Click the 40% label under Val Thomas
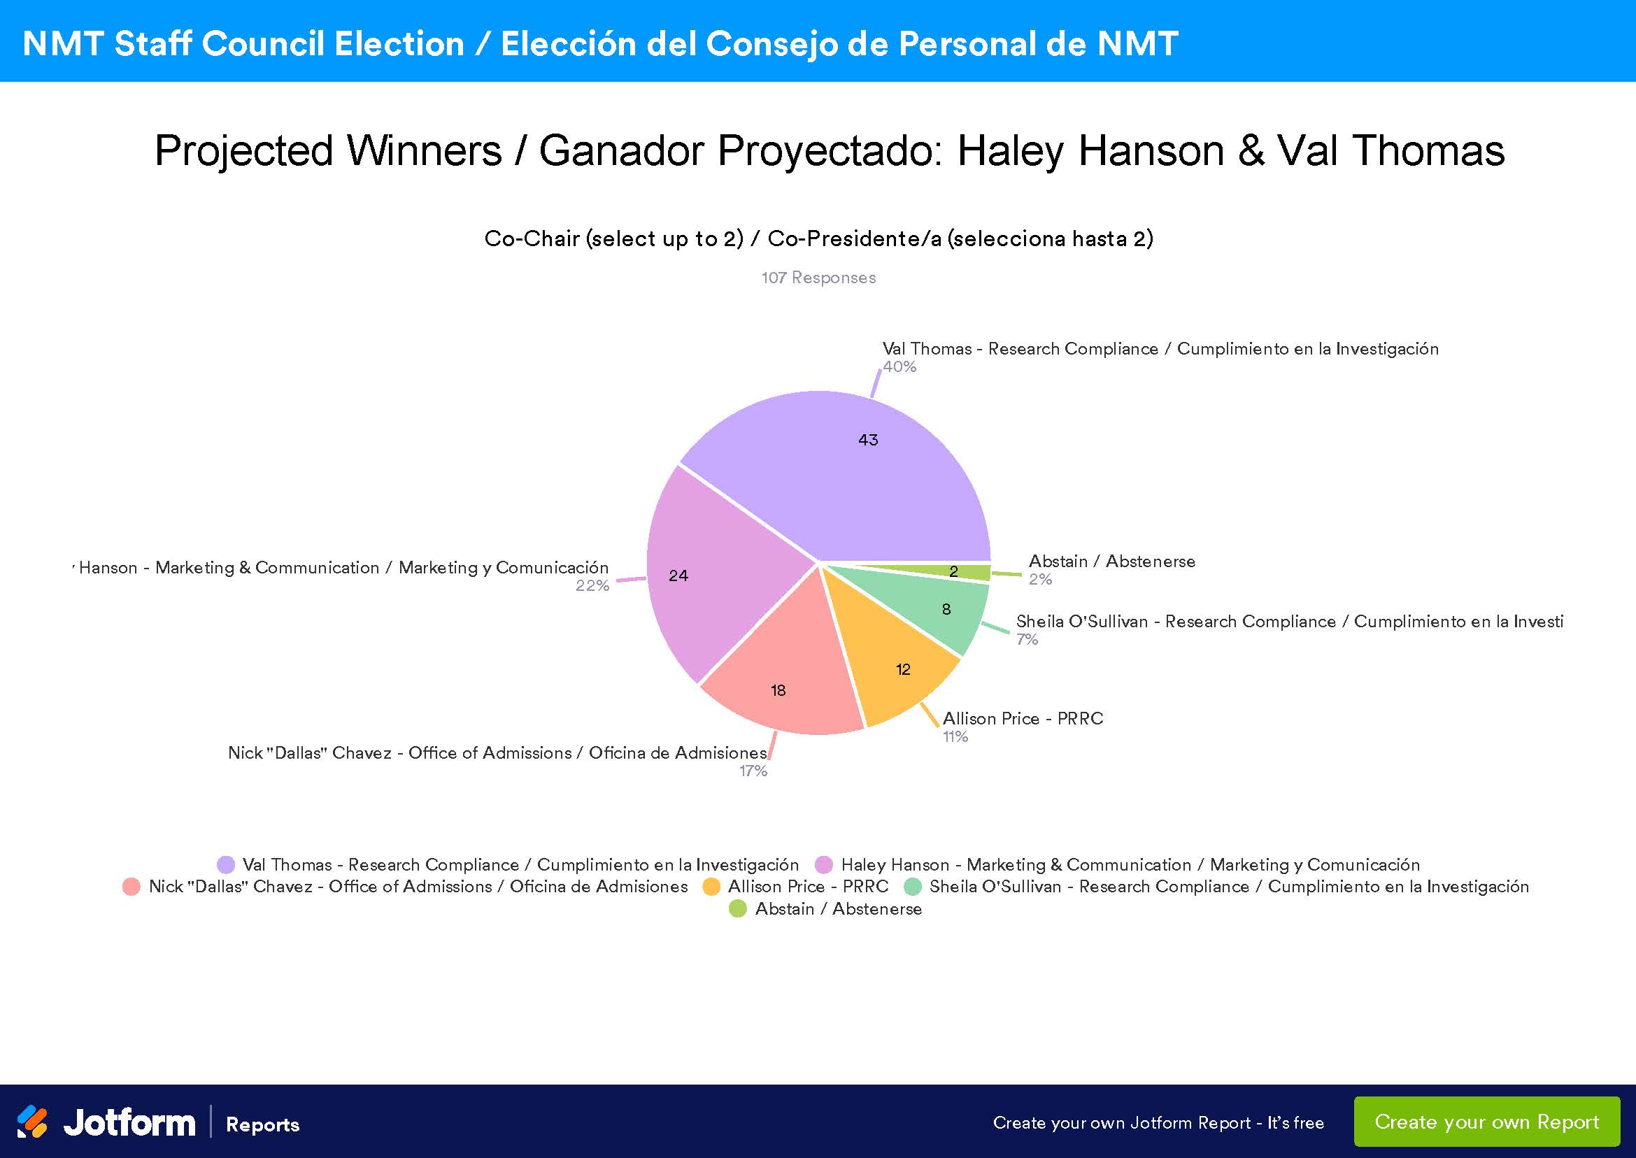(899, 366)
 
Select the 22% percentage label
(592, 585)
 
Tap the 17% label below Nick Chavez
(753, 771)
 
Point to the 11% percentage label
(955, 736)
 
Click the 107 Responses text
(818, 278)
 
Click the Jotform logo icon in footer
(32, 1122)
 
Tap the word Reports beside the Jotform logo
(262, 1124)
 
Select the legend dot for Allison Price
(711, 886)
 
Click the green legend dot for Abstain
(737, 908)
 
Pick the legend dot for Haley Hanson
(824, 864)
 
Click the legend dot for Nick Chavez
(131, 886)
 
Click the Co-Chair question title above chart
(818, 238)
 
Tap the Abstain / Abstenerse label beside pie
(1111, 562)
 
